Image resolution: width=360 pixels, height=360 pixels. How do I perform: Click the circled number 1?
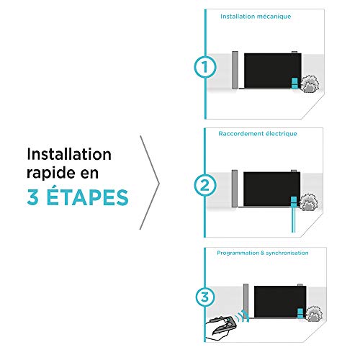click(205, 67)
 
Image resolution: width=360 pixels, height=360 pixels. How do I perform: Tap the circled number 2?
click(205, 185)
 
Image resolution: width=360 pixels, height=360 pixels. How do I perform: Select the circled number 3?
click(205, 297)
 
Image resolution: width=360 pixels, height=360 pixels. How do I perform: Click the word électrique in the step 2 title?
click(281, 134)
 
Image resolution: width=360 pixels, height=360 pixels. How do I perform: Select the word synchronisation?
click(287, 253)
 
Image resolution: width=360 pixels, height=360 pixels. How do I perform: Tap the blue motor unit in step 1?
click(294, 83)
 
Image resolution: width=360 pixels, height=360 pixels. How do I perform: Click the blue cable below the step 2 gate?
click(293, 220)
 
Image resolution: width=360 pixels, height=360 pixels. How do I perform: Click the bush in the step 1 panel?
click(310, 84)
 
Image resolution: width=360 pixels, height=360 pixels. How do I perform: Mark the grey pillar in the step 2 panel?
click(235, 189)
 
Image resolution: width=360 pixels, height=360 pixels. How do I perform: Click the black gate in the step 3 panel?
click(280, 302)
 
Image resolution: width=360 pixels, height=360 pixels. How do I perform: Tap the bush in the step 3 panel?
click(313, 314)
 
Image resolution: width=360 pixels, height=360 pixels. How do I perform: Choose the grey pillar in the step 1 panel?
click(235, 70)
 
